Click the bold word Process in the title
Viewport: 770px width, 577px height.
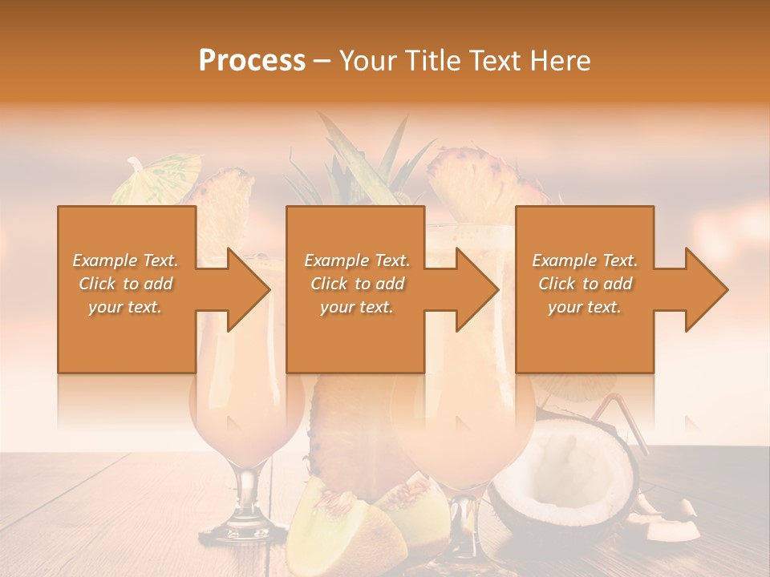pyautogui.click(x=252, y=61)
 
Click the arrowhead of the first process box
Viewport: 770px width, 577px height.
pyautogui.click(x=245, y=289)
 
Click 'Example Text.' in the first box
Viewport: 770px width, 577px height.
pyautogui.click(x=125, y=260)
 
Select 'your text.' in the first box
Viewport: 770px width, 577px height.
pyautogui.click(x=125, y=307)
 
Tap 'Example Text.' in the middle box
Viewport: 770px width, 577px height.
pyautogui.click(x=356, y=260)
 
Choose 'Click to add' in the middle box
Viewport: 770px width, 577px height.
pyautogui.click(x=356, y=284)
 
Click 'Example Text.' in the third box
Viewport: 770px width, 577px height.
pyautogui.click(x=585, y=260)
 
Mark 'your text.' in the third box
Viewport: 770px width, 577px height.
pyautogui.click(x=585, y=307)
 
